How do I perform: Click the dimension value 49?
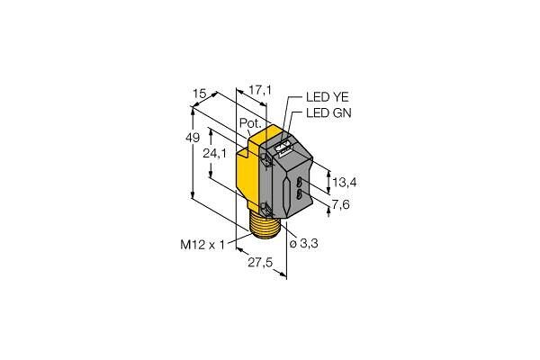193,138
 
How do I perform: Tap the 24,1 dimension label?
214,153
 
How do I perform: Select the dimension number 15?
200,94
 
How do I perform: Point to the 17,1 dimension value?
260,90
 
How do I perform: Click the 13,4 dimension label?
345,182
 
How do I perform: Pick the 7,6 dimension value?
340,204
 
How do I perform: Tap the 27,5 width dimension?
260,263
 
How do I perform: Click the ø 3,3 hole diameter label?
303,244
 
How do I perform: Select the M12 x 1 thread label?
202,245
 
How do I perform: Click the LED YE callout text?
328,97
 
